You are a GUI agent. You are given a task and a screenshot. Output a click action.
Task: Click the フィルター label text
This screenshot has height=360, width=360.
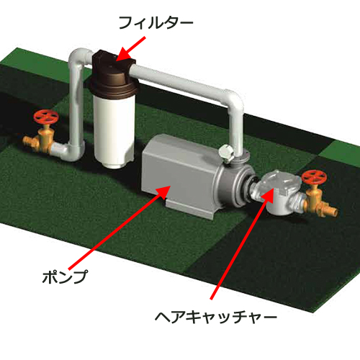[156, 23]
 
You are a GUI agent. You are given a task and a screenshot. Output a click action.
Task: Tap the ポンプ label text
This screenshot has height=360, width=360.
[65, 276]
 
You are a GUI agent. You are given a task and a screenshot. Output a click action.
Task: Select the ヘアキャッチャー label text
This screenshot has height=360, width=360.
[216, 317]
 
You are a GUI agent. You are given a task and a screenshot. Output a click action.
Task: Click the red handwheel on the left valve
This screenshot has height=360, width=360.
[46, 117]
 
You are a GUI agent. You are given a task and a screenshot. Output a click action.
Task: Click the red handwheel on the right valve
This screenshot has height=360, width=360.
[314, 177]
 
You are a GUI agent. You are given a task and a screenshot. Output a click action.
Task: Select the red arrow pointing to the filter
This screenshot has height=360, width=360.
[131, 49]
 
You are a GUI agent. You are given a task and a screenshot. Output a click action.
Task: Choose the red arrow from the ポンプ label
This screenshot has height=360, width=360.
[120, 228]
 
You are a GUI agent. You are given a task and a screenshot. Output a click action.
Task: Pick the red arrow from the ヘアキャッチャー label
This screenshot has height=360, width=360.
[243, 243]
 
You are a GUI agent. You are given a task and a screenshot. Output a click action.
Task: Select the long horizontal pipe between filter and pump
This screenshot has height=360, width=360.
[178, 81]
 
